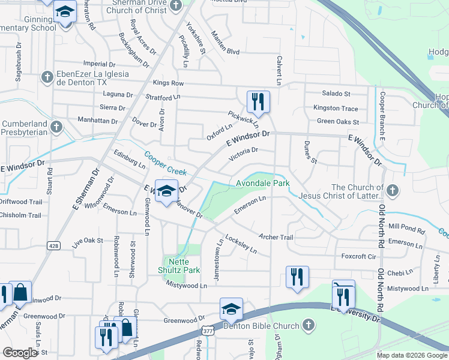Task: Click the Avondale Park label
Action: [262, 183]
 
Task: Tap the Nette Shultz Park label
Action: [182, 266]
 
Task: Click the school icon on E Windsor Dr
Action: [167, 191]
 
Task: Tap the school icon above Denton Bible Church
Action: [231, 310]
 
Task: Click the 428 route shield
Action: [53, 245]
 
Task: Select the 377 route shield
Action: [208, 330]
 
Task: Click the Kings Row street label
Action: [168, 83]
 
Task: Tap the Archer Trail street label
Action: [277, 238]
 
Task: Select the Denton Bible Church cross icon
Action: [308, 325]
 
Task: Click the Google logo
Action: [20, 353]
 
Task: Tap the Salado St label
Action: [336, 94]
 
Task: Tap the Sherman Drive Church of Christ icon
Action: [175, 5]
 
